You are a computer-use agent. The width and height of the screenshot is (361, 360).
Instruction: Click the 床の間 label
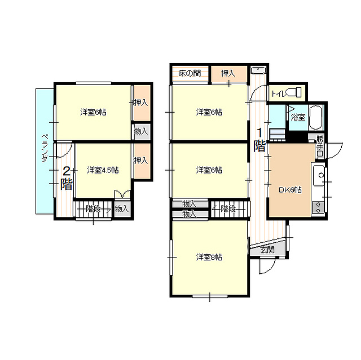[190, 74]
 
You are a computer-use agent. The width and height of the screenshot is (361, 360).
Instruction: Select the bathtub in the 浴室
[316, 118]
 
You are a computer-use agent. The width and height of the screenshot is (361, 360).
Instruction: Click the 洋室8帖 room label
[209, 257]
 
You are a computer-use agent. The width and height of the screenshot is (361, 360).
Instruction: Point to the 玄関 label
[267, 250]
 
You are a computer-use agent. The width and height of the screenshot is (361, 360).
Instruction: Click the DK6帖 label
[290, 190]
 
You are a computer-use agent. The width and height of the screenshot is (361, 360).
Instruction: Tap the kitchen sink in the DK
[319, 176]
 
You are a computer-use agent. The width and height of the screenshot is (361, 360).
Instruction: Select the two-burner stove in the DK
[318, 207]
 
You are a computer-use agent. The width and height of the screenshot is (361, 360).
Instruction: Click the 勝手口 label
[320, 146]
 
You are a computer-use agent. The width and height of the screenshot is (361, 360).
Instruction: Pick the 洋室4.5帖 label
[103, 170]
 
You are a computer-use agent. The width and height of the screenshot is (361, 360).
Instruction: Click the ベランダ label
[45, 149]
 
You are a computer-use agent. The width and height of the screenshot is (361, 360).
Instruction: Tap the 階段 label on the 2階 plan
[93, 209]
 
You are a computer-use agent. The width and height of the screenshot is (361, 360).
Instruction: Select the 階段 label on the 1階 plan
[228, 209]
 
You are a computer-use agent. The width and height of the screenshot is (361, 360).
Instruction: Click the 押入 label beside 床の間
[228, 74]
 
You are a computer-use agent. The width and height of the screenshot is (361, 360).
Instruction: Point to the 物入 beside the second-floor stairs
[122, 209]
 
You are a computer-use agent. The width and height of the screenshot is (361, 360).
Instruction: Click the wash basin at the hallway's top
[258, 70]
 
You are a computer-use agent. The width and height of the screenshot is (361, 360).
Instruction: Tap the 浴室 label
[298, 118]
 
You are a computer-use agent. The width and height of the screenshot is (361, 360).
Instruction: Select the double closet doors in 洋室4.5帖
[122, 194]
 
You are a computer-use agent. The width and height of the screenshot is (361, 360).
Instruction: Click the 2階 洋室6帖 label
[93, 113]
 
